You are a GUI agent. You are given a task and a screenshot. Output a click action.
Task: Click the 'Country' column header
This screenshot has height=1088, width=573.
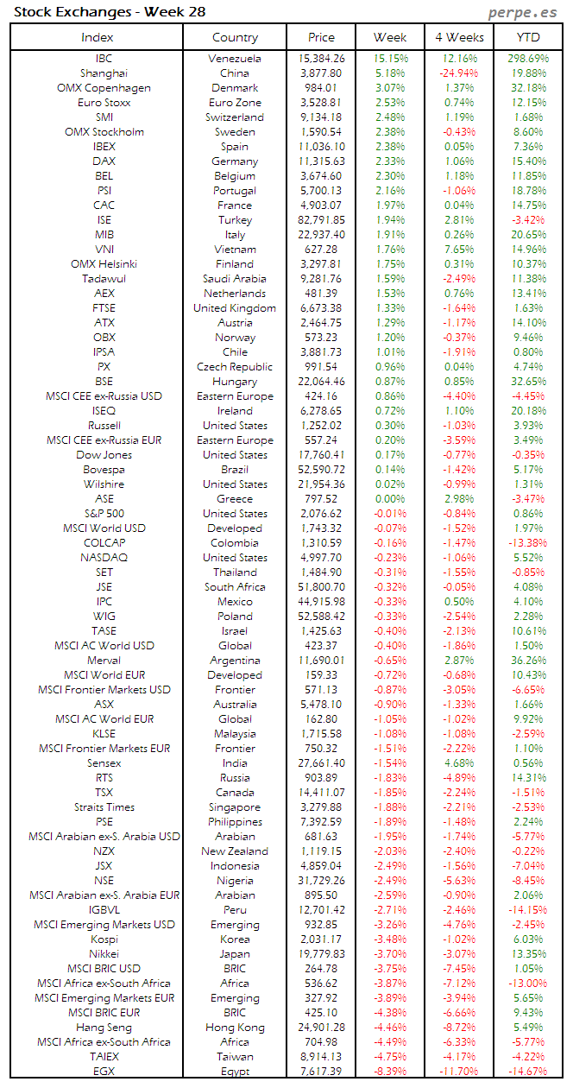(x=235, y=37)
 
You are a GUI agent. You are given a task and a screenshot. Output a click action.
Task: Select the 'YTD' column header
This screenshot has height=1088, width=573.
(x=528, y=37)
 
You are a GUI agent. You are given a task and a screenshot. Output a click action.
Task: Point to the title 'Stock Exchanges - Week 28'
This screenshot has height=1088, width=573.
(x=110, y=12)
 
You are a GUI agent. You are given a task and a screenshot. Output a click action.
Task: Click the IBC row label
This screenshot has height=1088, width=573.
(x=104, y=59)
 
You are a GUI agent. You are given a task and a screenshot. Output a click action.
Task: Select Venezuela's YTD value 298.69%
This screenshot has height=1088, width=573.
(x=528, y=59)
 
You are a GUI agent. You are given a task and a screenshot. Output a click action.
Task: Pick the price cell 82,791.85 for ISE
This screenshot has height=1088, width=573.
(x=322, y=220)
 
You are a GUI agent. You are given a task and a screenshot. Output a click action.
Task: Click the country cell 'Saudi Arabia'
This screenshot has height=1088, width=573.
(x=235, y=279)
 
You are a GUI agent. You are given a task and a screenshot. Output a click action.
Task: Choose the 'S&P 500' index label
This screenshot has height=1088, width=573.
(x=104, y=514)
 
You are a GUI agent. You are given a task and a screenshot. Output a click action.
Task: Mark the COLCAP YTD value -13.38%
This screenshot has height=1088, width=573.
(x=528, y=543)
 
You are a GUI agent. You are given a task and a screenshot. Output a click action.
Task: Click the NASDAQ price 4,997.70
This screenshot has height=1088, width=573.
(x=322, y=558)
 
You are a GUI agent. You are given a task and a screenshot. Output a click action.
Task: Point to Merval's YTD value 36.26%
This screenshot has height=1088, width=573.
(x=528, y=661)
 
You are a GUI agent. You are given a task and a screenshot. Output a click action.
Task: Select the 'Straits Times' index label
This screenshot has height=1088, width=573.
(x=104, y=807)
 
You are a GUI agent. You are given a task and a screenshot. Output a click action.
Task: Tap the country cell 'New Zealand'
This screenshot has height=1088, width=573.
(x=235, y=851)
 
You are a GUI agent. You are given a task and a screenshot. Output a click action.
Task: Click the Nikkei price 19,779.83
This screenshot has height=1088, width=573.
(x=322, y=954)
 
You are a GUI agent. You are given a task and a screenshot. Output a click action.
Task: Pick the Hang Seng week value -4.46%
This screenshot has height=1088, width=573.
(x=390, y=1028)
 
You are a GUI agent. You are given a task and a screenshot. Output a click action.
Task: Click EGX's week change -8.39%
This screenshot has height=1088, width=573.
(x=390, y=1072)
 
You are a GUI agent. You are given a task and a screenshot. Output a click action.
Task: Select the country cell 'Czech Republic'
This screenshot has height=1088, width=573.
(x=235, y=367)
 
